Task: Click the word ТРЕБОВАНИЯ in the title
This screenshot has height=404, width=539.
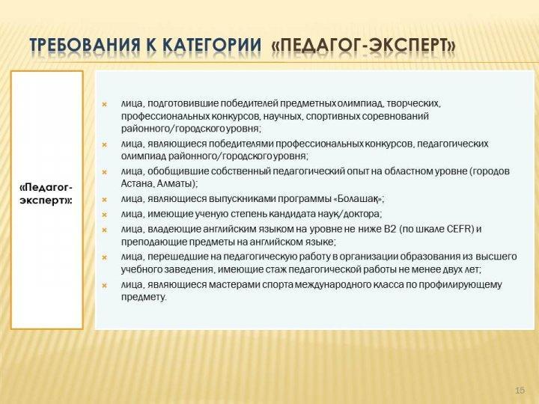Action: tap(85, 45)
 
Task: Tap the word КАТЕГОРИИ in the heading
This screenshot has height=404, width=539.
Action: tap(211, 45)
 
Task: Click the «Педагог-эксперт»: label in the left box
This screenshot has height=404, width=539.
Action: tap(46, 194)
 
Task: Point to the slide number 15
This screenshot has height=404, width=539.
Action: tap(520, 391)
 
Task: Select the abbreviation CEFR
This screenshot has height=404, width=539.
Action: tap(460, 229)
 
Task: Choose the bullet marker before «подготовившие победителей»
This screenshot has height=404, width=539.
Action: tap(105, 104)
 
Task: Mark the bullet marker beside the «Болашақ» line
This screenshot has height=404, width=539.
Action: tap(105, 199)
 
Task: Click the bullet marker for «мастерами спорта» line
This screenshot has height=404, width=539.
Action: tap(105, 285)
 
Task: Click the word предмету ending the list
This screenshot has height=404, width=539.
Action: tap(143, 298)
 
